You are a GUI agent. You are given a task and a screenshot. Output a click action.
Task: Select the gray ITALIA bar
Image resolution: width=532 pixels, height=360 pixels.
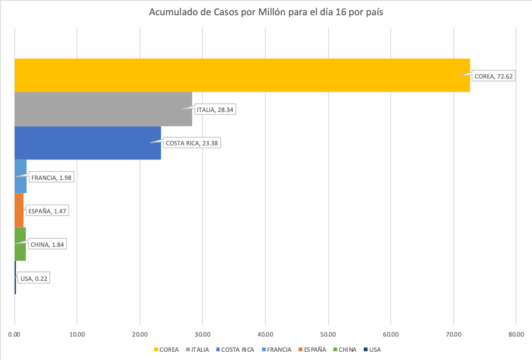(103, 109)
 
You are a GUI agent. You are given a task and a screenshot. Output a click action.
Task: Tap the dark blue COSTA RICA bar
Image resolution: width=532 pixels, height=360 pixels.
(88, 143)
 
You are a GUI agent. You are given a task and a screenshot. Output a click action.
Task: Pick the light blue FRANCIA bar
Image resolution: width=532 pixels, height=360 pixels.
(21, 176)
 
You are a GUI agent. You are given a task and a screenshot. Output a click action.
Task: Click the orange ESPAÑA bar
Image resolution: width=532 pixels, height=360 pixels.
(19, 210)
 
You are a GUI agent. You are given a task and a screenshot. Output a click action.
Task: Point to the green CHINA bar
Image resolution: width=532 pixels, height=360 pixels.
(20, 244)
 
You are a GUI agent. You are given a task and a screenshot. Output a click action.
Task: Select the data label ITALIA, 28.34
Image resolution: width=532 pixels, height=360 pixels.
(216, 109)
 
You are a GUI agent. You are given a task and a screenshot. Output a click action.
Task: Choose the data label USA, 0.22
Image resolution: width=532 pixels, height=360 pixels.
(34, 278)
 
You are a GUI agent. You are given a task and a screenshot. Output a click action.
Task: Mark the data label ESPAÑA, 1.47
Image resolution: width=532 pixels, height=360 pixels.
(47, 210)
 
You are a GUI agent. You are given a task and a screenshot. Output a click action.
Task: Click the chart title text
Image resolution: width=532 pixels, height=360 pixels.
(266, 12)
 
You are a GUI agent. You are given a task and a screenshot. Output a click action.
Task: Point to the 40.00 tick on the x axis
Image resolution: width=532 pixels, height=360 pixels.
(265, 335)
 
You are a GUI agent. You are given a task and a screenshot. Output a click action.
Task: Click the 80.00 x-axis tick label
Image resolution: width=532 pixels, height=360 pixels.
(516, 335)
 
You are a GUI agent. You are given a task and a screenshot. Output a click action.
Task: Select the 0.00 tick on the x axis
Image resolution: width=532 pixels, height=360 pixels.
(15, 335)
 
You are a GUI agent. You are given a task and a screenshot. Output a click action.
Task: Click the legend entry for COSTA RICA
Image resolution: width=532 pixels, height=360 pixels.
(234, 350)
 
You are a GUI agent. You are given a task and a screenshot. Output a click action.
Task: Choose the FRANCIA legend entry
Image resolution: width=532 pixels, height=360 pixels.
(277, 350)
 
